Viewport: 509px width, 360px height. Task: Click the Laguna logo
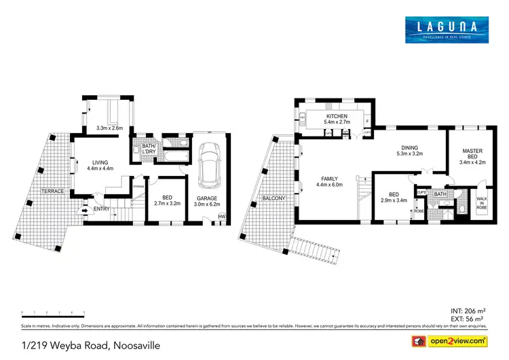tap(447, 29)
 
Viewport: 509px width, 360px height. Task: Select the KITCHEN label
tap(337, 117)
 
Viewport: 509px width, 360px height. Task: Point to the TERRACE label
tap(52, 191)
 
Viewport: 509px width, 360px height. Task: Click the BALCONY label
tap(271, 198)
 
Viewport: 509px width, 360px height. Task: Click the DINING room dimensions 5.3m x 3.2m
tap(409, 154)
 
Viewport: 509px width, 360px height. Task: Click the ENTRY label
tap(102, 209)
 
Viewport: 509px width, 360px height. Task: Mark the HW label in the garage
tap(221, 217)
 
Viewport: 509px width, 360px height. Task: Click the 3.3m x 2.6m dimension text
tap(109, 128)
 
